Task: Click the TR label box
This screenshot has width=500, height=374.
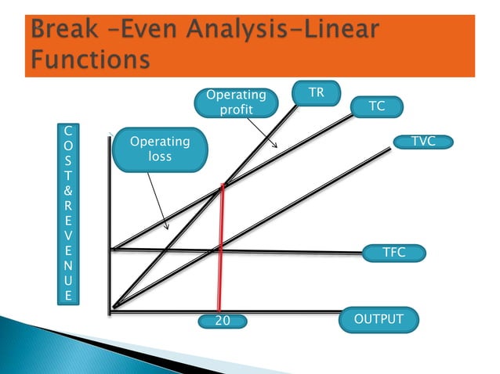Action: [316, 93]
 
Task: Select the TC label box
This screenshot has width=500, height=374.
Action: [377, 107]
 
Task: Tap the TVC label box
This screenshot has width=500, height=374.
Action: [423, 142]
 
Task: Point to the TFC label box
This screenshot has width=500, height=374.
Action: [393, 253]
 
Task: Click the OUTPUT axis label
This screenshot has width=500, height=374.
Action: [379, 319]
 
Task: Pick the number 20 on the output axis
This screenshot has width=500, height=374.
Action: [222, 321]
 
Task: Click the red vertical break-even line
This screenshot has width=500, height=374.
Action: [221, 250]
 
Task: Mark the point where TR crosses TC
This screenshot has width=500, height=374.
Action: [223, 185]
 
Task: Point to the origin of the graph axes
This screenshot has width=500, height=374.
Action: [113, 310]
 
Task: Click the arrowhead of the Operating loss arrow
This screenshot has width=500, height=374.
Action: [166, 228]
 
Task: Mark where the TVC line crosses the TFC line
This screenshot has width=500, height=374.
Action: [214, 251]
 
